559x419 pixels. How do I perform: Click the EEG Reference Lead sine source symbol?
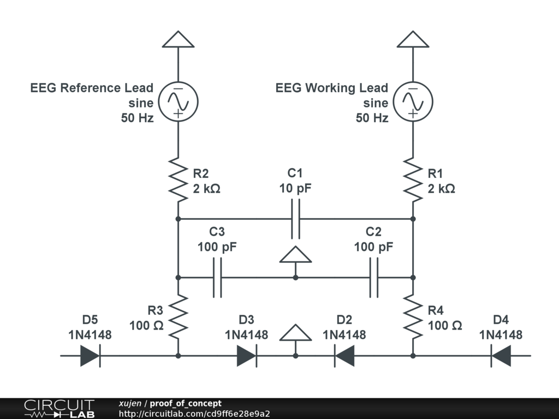click(178, 101)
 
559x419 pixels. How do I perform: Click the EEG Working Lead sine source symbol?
click(413, 101)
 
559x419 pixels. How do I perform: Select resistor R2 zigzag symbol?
click(178, 178)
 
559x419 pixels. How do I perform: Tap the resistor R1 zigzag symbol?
click(413, 178)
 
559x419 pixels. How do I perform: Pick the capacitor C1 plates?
click(295, 219)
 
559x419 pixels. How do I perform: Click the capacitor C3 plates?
click(217, 278)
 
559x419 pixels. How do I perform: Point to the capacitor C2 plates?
click(374, 278)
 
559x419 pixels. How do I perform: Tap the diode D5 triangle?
click(90, 356)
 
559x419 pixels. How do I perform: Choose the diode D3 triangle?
click(247, 356)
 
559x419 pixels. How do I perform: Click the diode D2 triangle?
click(344, 356)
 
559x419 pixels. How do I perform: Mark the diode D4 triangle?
click(501, 356)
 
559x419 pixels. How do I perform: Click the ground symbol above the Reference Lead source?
click(178, 40)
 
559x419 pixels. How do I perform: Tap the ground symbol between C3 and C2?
click(295, 255)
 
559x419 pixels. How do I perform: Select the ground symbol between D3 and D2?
click(295, 333)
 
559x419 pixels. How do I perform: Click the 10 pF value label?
click(295, 189)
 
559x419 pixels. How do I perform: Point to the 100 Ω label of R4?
click(445, 326)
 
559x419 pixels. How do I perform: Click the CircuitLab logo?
click(59, 409)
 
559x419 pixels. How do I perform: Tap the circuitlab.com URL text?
click(194, 414)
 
